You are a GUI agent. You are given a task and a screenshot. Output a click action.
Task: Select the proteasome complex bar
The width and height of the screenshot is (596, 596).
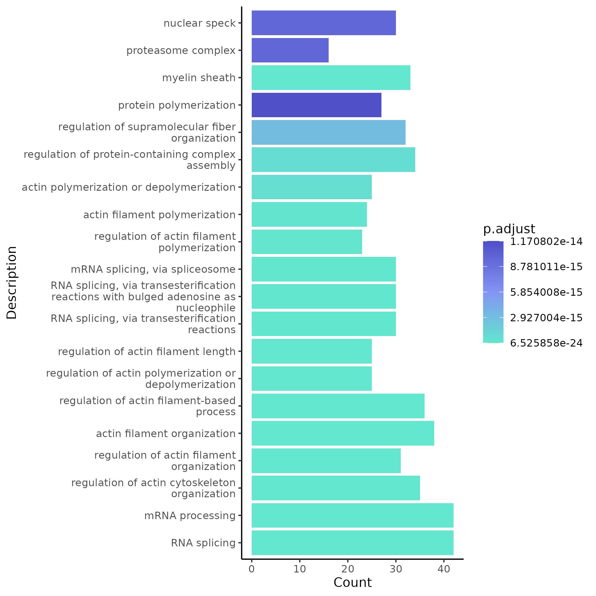point(290,50)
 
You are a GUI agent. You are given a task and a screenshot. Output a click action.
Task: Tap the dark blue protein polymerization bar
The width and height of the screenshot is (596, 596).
point(316,105)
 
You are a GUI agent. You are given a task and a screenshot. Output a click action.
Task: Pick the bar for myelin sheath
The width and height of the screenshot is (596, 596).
point(331,78)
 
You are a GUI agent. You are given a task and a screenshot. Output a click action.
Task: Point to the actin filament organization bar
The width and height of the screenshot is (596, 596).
point(343,433)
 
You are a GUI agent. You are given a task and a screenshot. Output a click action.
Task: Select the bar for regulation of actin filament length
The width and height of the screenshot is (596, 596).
point(312,351)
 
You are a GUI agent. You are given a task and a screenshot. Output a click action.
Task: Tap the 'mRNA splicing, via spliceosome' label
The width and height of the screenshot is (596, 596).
point(153,269)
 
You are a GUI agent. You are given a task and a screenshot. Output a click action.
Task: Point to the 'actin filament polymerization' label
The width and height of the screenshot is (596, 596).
point(159,215)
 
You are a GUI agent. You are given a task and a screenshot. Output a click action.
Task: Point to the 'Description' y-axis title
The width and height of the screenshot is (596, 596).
point(12,282)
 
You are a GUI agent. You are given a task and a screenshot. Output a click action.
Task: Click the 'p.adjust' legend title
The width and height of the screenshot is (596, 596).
point(509,229)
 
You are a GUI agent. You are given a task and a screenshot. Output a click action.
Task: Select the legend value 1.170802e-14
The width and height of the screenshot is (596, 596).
point(546,242)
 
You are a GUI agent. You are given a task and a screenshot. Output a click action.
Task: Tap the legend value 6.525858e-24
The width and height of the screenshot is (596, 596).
point(546,343)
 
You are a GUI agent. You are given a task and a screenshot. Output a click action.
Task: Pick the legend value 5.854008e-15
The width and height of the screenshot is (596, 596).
point(546,292)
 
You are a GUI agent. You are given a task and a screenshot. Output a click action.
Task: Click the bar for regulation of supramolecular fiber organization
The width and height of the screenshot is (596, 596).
point(328,132)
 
